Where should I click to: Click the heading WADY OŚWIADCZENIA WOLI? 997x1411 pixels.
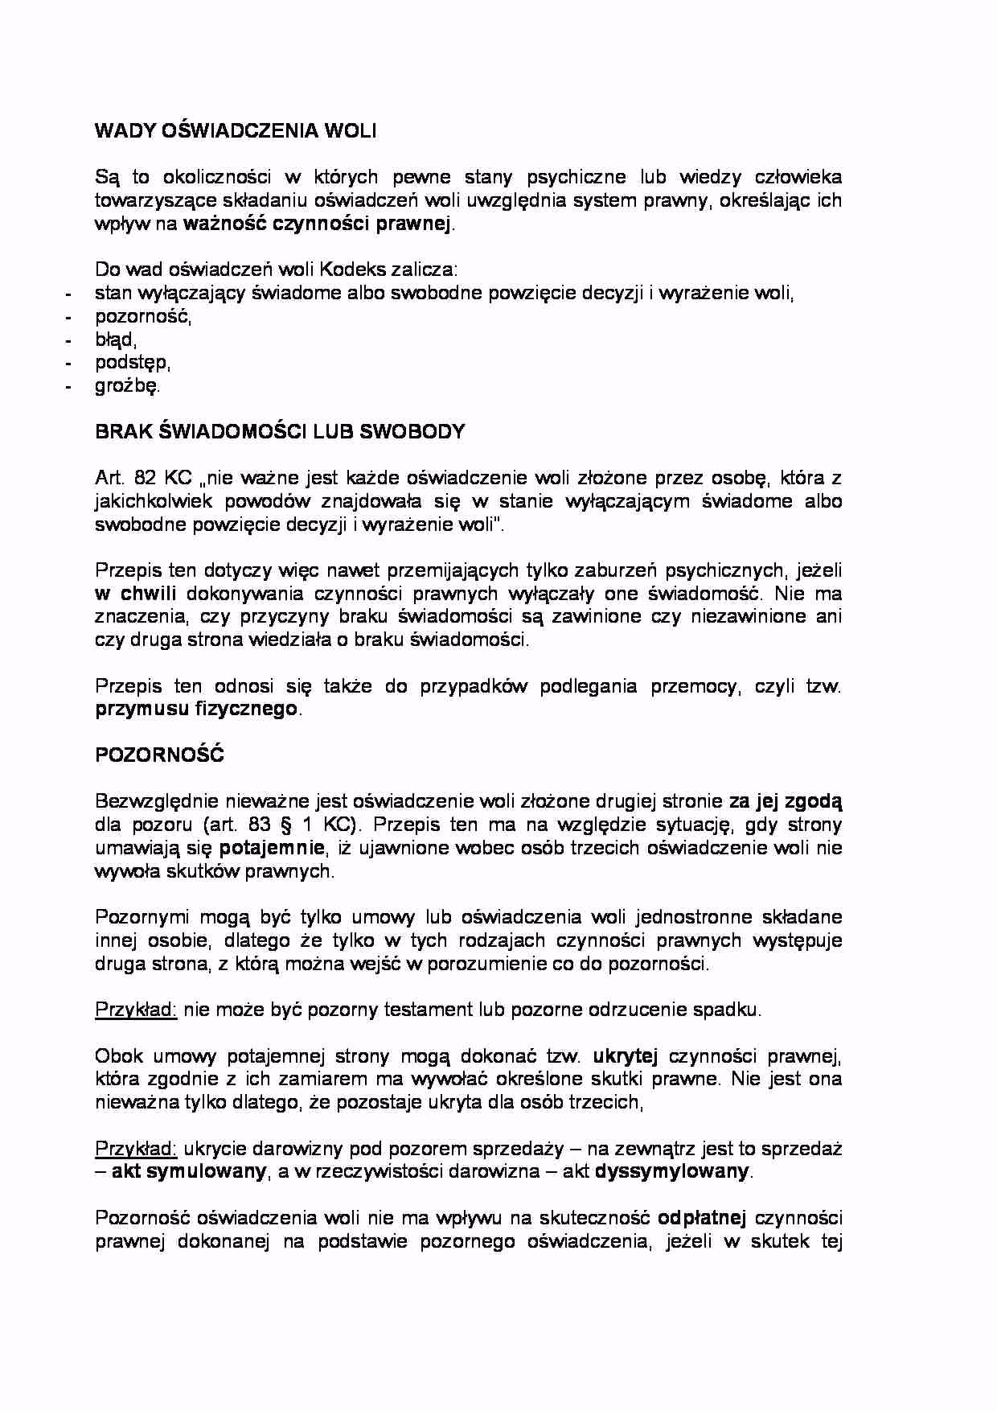point(236,131)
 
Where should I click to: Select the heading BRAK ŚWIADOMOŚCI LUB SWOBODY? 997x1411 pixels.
point(280,432)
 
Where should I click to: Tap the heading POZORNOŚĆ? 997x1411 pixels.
point(159,756)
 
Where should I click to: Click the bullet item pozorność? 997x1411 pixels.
point(143,316)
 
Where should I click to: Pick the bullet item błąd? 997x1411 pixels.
point(116,339)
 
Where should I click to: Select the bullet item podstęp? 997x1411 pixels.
point(133,363)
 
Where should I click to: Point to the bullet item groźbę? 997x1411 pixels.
point(127,386)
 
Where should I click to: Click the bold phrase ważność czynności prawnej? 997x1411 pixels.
point(318,224)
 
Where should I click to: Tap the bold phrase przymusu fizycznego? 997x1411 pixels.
point(196,710)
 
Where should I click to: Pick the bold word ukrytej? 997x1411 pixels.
point(626,1056)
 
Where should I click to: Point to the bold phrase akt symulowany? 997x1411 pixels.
point(188,1172)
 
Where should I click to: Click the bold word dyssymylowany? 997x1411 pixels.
point(671,1172)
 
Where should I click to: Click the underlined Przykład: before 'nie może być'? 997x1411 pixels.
point(136,1010)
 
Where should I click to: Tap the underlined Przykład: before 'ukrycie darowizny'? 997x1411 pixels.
point(136,1149)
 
